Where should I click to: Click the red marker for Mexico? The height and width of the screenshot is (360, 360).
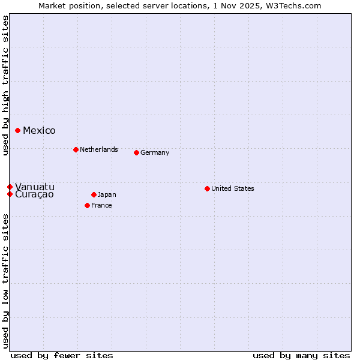[18, 130]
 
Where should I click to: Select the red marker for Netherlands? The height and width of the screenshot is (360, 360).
[76, 149]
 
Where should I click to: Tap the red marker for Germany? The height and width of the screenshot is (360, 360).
[136, 152]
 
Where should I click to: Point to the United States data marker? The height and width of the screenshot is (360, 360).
[207, 188]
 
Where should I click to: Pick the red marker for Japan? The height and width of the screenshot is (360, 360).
[94, 194]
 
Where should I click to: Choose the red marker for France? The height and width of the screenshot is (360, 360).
[87, 205]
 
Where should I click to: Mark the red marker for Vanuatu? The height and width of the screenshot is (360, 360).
[10, 187]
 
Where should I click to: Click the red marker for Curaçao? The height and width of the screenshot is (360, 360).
[10, 194]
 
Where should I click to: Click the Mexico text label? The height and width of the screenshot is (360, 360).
[39, 130]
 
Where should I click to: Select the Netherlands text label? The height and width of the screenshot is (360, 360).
[99, 149]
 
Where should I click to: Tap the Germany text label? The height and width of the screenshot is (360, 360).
[155, 152]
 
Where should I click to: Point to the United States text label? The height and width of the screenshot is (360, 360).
[233, 188]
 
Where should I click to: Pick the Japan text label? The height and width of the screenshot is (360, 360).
[107, 194]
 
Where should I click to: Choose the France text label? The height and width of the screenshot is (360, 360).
[101, 205]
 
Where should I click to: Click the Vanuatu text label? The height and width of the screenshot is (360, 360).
[34, 187]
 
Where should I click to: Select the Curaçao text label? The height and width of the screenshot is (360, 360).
[34, 194]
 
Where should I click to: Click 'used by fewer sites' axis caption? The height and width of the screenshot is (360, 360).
[62, 355]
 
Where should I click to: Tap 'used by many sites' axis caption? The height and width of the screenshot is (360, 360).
[301, 355]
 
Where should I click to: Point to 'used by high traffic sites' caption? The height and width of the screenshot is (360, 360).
[5, 85]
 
